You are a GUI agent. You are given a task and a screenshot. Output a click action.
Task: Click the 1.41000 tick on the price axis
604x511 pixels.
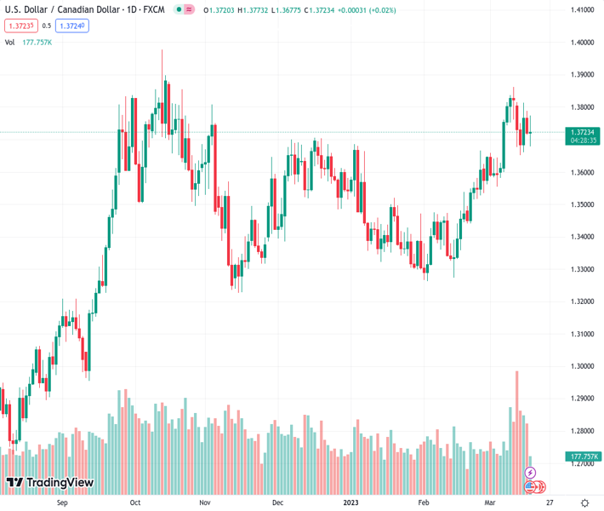582,10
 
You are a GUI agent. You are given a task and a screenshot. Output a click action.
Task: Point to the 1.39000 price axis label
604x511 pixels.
582,75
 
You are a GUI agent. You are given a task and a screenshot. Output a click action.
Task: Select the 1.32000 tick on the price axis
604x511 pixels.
582,301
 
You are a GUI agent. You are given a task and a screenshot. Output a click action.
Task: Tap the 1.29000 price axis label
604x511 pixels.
582,399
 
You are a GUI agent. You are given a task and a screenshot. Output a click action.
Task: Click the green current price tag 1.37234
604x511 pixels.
583,132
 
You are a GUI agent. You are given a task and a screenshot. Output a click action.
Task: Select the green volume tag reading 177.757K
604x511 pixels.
583,456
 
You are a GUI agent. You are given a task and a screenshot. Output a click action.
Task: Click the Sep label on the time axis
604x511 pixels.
61,502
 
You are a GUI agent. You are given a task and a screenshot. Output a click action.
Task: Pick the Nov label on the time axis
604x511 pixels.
205,502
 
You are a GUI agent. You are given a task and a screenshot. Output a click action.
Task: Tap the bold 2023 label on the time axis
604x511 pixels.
351,502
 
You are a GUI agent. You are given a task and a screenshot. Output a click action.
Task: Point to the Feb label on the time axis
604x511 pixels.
424,502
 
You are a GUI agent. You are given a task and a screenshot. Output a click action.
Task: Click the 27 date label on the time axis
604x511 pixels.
550,502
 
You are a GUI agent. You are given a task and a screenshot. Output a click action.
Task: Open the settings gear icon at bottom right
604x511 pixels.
584,502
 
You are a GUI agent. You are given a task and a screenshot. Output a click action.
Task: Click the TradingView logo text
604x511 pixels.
59,483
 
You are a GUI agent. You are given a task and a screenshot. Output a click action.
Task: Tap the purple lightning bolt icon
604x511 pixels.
531,472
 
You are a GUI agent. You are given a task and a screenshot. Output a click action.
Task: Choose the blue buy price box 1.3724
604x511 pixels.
72,26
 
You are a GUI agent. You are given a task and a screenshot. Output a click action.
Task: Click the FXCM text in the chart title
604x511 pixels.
154,10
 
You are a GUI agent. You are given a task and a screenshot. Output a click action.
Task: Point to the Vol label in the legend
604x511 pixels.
9,42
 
